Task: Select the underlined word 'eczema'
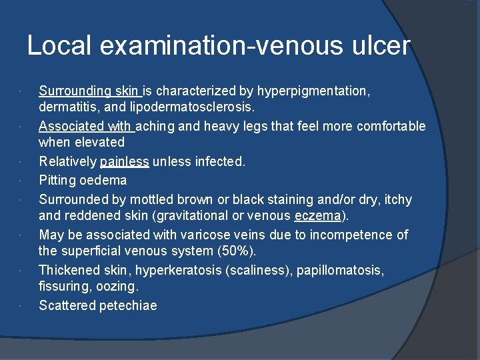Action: tap(317, 215)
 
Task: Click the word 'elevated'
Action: tap(99, 141)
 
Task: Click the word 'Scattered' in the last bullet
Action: tap(67, 305)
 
